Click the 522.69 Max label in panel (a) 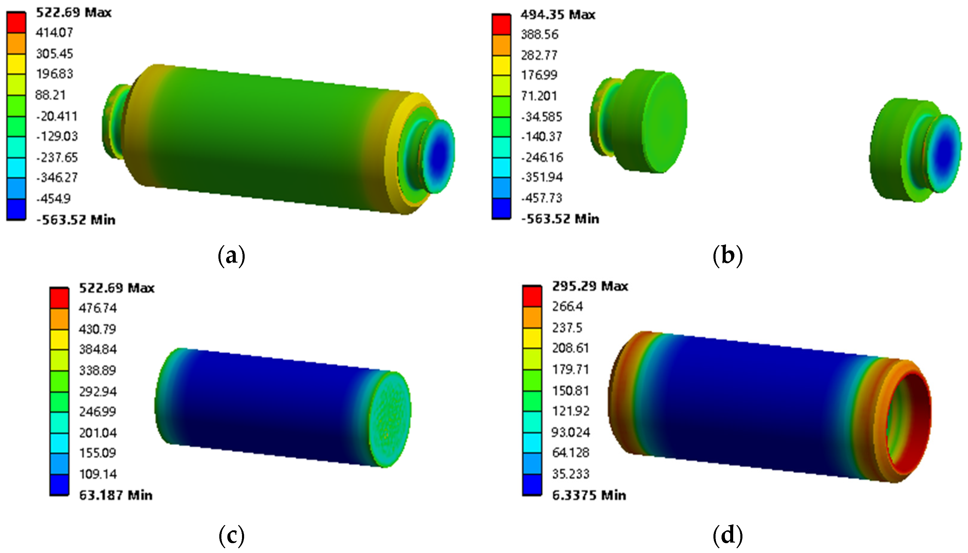coord(74,13)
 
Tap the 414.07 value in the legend coord(54,33)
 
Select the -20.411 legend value coord(57,116)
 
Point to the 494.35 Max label coord(558,15)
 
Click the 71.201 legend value coord(539,96)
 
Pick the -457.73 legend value coord(542,198)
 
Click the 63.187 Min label coord(116,495)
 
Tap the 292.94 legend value coord(98,391)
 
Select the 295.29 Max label coord(590,286)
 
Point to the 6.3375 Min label coord(589,495)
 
